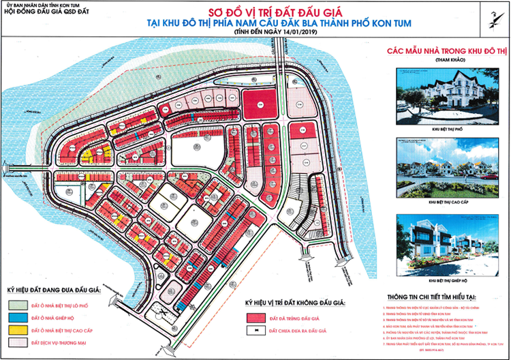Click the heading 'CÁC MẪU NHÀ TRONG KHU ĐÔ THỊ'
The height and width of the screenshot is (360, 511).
pos(439,50)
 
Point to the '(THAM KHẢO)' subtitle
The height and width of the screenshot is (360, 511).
pos(439,61)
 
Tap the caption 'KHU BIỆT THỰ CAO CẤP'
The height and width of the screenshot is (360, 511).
pos(439,202)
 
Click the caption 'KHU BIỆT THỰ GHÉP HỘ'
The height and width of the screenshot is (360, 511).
pos(439,280)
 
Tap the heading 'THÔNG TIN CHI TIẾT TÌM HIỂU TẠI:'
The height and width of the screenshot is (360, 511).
pos(439,297)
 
